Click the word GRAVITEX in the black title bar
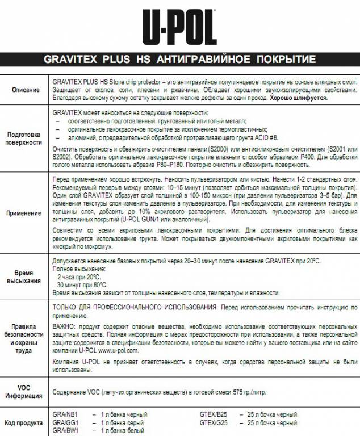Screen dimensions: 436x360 point(72,60)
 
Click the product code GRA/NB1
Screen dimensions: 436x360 point(65,415)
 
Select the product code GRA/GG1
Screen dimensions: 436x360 point(65,423)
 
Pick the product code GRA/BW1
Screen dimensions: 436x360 point(65,431)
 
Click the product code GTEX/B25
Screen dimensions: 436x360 point(214,415)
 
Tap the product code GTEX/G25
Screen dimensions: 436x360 point(214,423)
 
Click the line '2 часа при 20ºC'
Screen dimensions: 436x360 point(79,276)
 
